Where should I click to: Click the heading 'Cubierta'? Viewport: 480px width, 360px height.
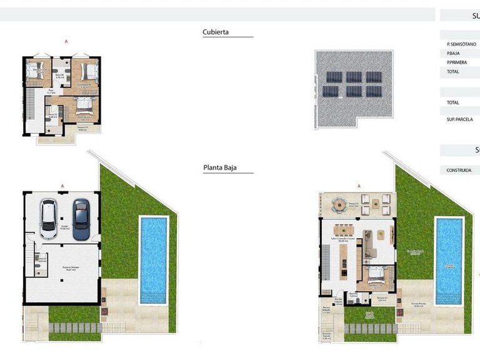pos(216,32)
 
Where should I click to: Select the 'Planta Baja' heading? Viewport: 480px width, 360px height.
pos(219,167)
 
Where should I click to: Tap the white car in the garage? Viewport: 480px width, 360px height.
pos(49,218)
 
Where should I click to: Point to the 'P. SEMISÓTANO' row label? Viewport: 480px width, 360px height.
pos(461,44)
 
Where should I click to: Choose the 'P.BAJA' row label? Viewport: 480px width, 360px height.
pos(453,54)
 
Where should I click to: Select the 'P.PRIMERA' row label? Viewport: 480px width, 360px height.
pos(457,62)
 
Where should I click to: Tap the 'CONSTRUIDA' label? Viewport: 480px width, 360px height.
pos(459,170)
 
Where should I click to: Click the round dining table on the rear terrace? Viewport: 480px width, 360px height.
pos(338,204)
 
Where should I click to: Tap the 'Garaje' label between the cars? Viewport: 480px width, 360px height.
pos(64,227)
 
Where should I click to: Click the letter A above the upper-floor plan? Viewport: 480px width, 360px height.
pos(66,41)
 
